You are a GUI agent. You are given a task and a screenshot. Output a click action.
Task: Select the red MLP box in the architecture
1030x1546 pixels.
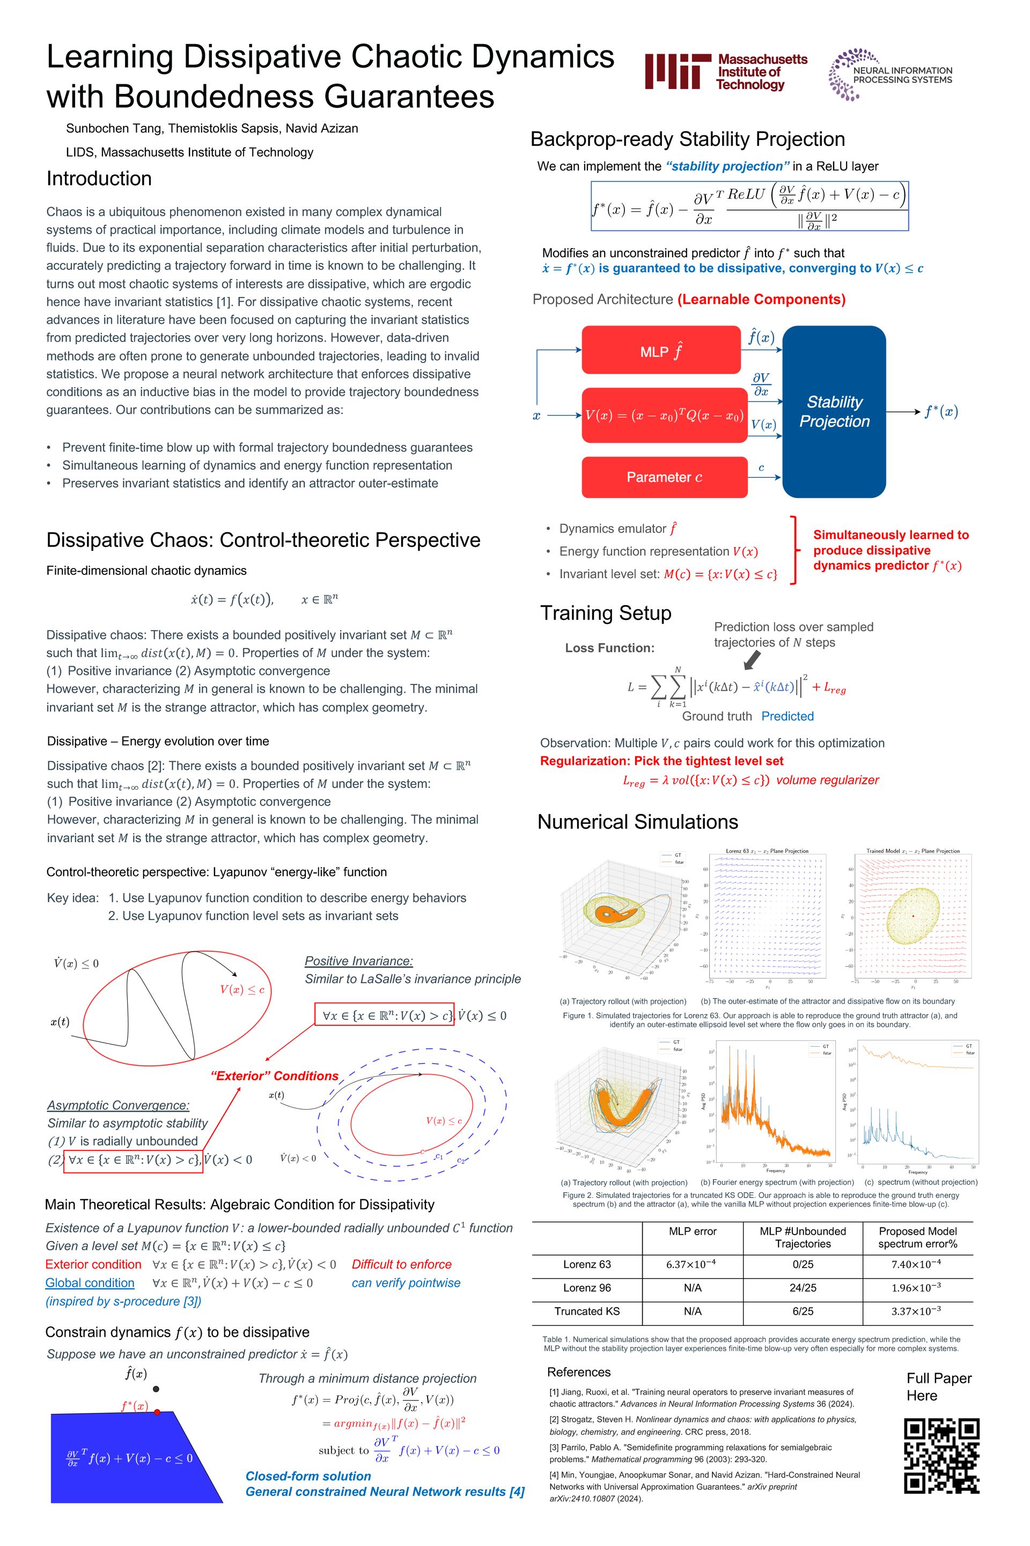click(661, 351)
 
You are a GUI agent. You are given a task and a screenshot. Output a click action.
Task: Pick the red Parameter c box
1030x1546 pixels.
click(664, 477)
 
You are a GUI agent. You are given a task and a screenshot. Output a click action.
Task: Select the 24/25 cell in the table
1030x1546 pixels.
click(803, 1288)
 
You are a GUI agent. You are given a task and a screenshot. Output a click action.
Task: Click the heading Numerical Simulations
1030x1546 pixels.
click(637, 822)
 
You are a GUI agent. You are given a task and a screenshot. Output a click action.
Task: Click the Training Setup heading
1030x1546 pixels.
click(605, 613)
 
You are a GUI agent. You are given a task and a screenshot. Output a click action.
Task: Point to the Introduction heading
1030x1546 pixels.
click(99, 179)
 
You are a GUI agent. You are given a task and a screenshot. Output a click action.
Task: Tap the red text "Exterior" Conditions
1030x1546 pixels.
click(274, 1076)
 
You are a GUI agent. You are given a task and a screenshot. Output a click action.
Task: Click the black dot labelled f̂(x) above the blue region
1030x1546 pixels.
click(156, 1389)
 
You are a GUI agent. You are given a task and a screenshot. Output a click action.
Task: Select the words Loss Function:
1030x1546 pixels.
click(609, 648)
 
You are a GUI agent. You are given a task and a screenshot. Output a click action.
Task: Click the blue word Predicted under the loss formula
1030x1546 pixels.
click(787, 717)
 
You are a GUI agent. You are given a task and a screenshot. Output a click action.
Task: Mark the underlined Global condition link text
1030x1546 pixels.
click(90, 1283)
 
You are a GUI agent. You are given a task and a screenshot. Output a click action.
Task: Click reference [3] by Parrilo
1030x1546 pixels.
click(690, 1453)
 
